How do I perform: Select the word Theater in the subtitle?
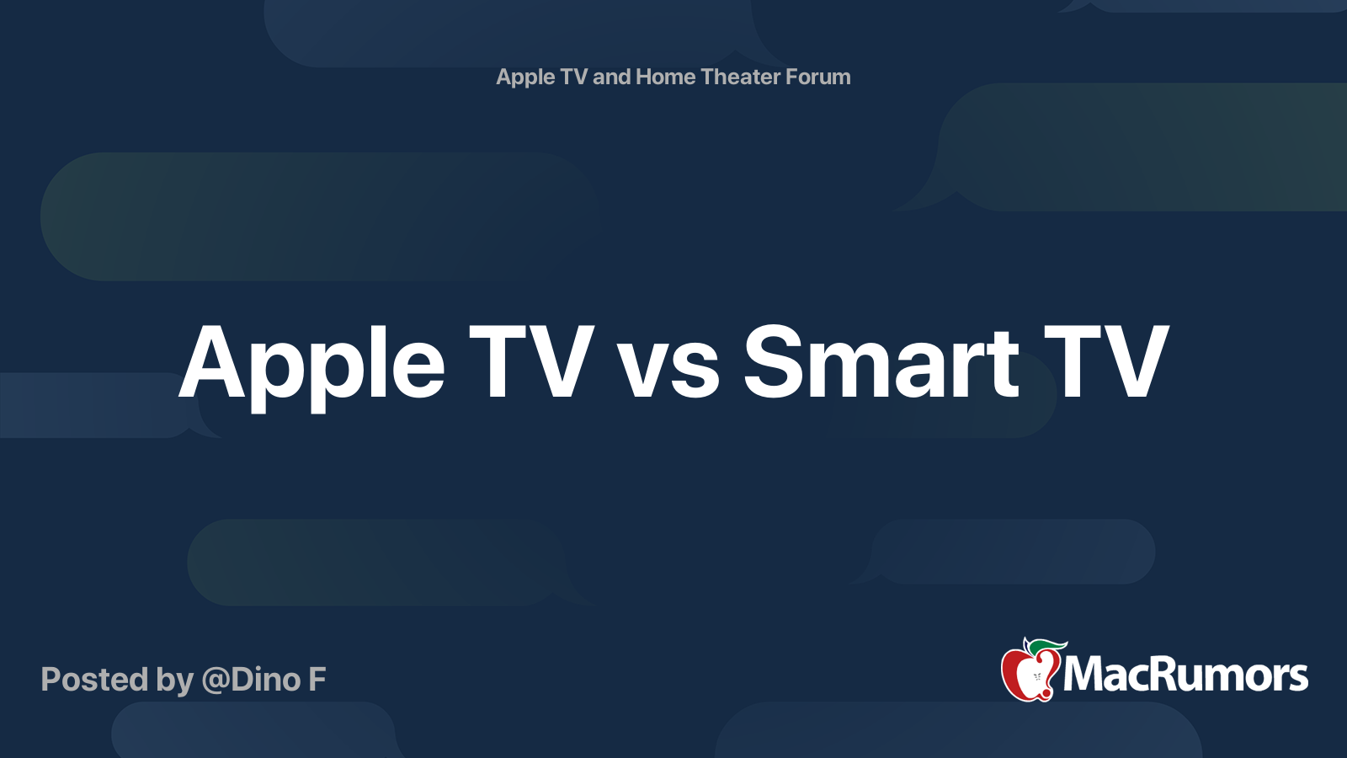click(742, 77)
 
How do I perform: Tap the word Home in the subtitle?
click(665, 77)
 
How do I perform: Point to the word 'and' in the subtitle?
click(611, 77)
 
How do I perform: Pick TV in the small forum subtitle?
click(573, 77)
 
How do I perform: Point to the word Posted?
click(94, 679)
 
